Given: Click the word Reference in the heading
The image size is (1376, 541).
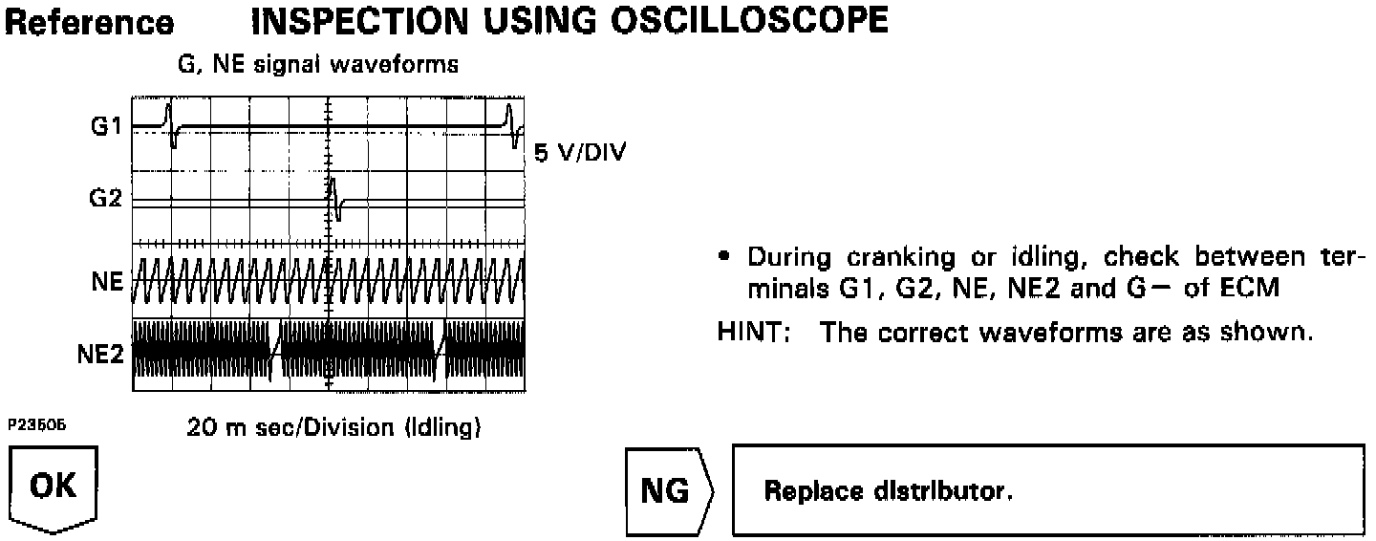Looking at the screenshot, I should click(91, 22).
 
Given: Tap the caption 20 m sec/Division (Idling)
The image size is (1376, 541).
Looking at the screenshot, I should click(333, 428).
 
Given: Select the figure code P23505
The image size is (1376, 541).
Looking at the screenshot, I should click(37, 423).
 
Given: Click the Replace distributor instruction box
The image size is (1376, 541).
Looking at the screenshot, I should click(1048, 491).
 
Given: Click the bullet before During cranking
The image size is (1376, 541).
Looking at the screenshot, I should click(728, 257).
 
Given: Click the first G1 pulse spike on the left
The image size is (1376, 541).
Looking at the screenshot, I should click(170, 124).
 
